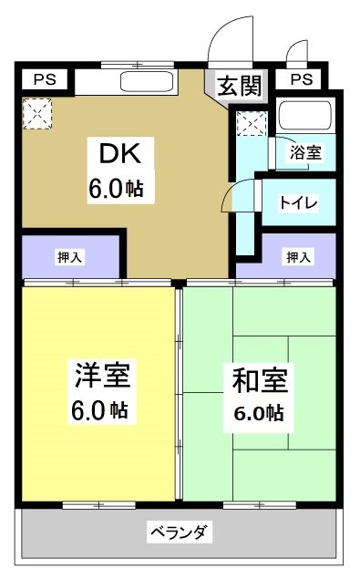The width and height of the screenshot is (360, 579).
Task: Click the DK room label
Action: coord(116,151)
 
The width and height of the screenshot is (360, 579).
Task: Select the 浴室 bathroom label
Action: coord(304,152)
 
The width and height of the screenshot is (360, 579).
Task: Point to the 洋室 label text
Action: coord(102,375)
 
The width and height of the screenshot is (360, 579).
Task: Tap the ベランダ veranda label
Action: coord(180,532)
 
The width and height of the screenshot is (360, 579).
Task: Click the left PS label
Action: coord(44,79)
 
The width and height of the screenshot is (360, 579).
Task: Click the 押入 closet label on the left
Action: coord(69,257)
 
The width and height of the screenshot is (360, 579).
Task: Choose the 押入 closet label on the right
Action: coord(297,257)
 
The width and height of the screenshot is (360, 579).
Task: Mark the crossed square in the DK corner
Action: coord(37,115)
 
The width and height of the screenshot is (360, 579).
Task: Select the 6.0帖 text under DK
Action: coord(116,189)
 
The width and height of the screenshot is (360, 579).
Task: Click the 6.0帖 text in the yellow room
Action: coord(102,409)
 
